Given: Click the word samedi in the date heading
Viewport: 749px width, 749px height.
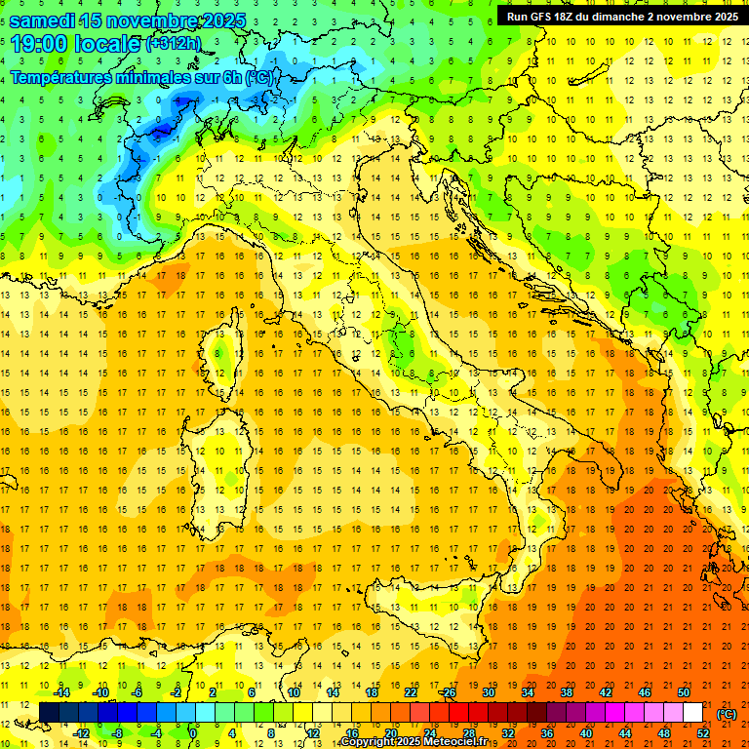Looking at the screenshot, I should click(43, 20).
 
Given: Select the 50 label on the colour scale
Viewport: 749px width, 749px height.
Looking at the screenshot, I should click(684, 691).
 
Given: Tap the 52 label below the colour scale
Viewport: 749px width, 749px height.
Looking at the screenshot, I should click(703, 732).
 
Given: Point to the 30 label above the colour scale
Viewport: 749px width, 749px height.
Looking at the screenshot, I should click(488, 691).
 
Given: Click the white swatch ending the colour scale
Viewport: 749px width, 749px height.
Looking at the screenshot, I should click(692, 712).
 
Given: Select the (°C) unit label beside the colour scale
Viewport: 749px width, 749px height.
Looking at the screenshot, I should click(726, 713).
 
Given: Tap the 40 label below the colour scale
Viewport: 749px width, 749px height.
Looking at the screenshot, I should click(586, 732).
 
